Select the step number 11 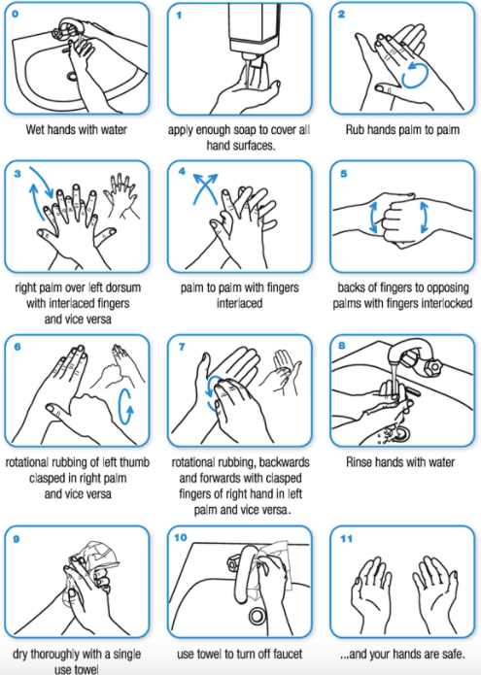coord(346,537)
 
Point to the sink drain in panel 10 coord(258,614)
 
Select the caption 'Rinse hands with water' coord(401,463)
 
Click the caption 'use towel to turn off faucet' coord(239,653)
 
